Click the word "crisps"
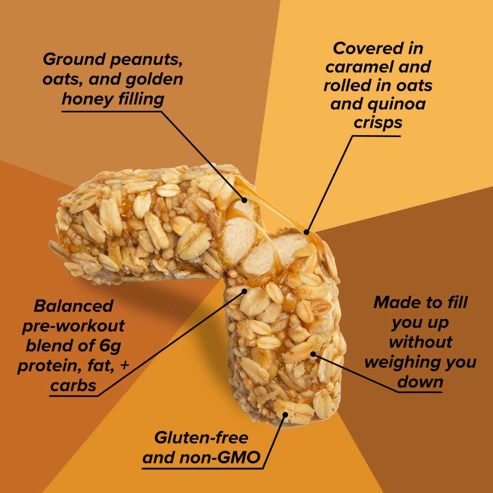[x=378, y=123]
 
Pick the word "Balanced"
[x=73, y=306]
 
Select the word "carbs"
[x=73, y=386]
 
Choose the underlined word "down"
[x=420, y=382]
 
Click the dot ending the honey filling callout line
[x=244, y=201]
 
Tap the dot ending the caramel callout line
[x=307, y=232]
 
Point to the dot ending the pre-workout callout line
[x=244, y=291]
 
